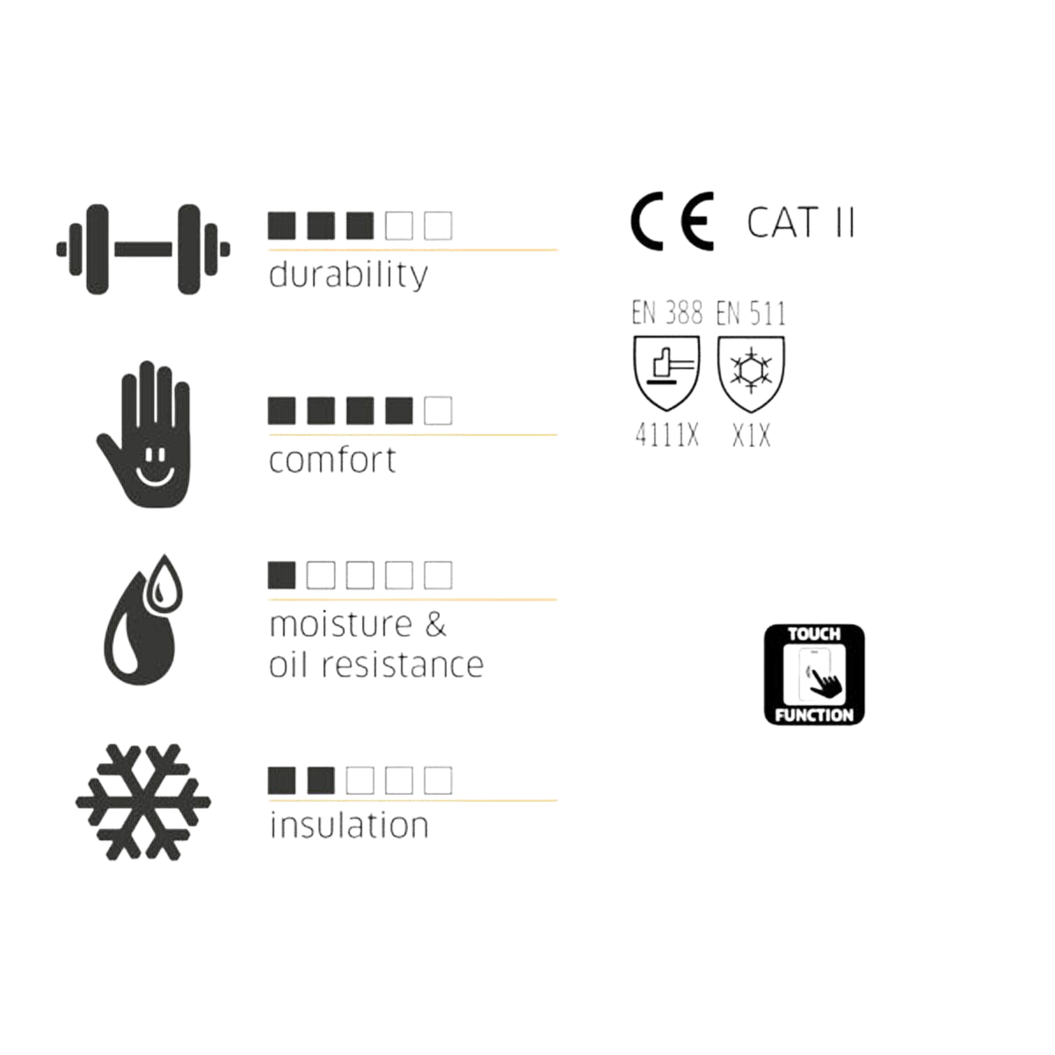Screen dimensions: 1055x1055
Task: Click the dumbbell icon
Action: (143, 250)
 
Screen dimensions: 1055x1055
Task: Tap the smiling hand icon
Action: (144, 434)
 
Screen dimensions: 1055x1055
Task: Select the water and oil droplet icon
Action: (143, 620)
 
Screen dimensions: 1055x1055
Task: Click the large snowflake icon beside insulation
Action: (143, 802)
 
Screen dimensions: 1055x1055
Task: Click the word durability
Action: (348, 275)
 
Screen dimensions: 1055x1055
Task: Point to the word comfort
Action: (332, 460)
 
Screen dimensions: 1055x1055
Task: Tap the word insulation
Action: (349, 826)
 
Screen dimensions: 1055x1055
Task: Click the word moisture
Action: (340, 625)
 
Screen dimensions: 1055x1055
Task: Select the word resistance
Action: (403, 666)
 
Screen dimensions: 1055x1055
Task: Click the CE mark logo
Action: (673, 222)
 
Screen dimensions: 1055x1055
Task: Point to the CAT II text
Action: (800, 222)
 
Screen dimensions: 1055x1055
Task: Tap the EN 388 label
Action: (666, 313)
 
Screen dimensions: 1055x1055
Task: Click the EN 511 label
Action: (751, 313)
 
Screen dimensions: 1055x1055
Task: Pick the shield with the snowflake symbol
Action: (751, 374)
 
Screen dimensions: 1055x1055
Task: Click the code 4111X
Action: (666, 436)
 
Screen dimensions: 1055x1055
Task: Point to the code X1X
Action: (751, 436)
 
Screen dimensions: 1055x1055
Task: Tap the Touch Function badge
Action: (814, 675)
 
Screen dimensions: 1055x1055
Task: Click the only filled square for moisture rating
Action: (282, 575)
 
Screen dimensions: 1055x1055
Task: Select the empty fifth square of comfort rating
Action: (438, 411)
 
